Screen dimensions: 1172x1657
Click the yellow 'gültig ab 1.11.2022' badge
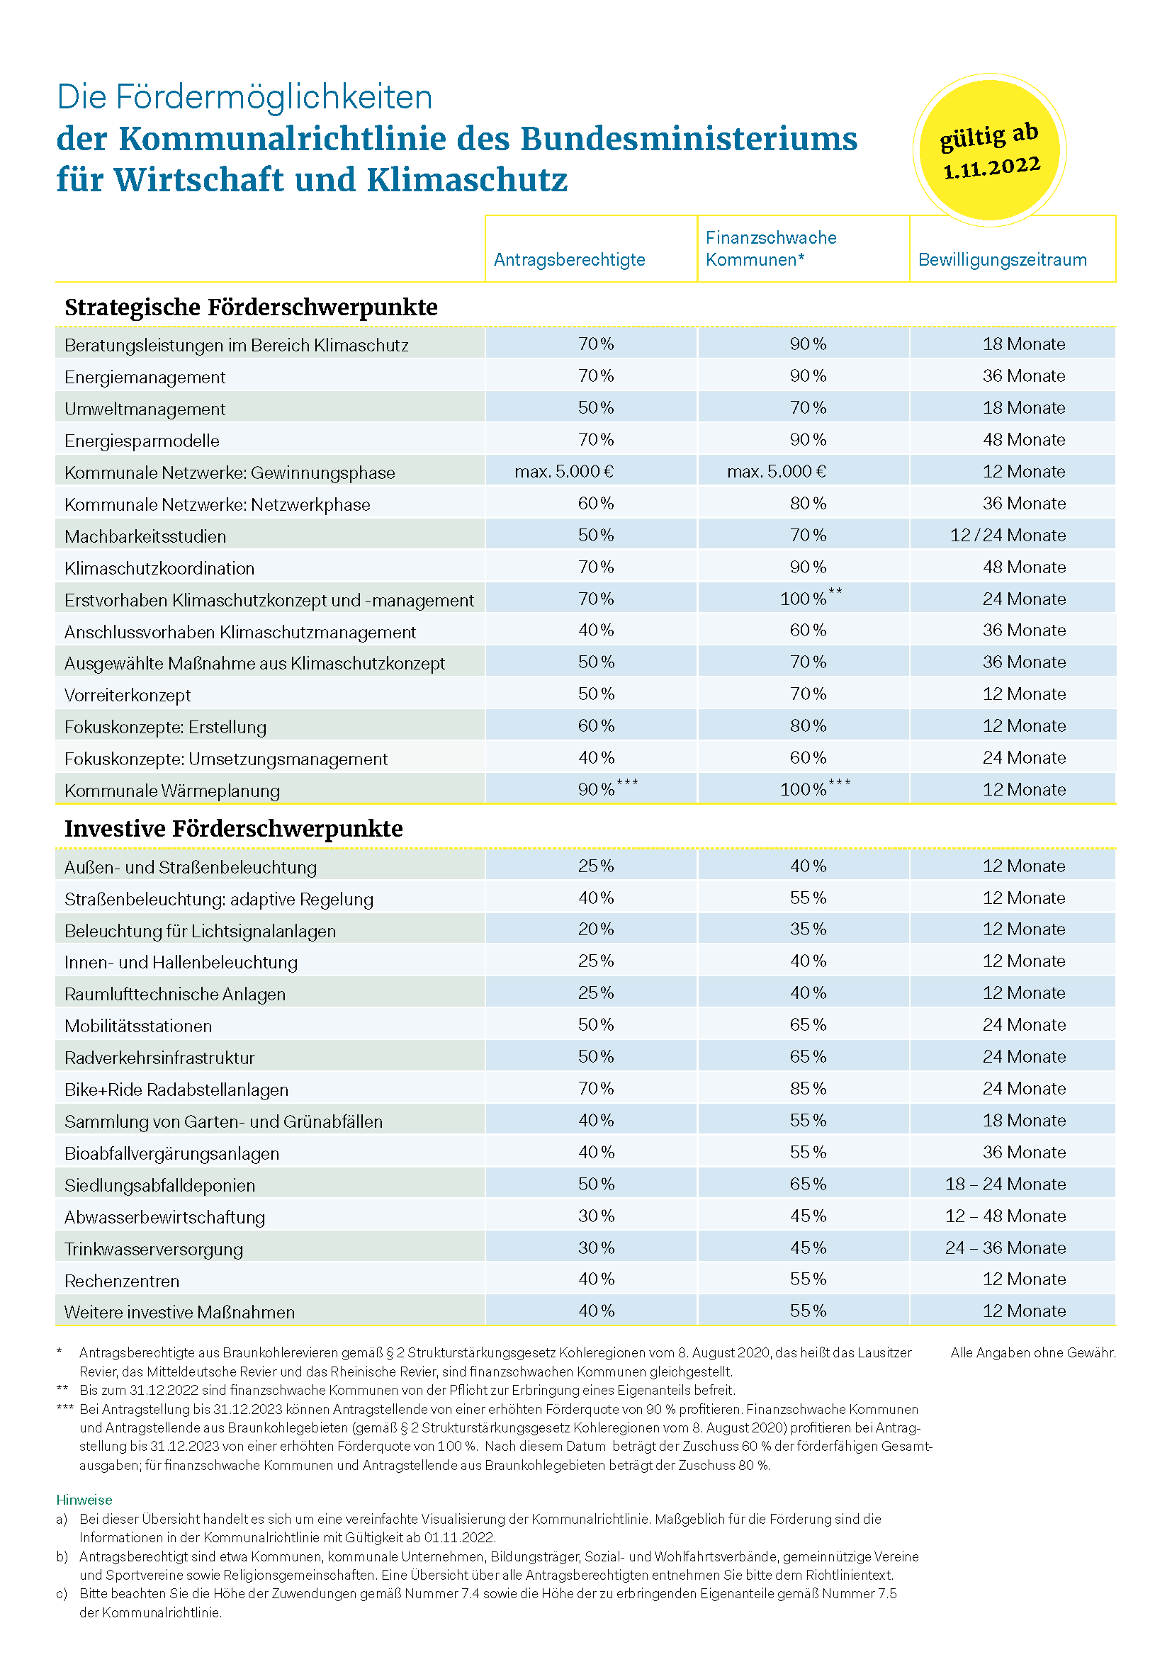[x=989, y=150]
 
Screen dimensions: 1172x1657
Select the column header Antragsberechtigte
[x=570, y=260]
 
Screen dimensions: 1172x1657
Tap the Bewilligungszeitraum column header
[x=1003, y=260]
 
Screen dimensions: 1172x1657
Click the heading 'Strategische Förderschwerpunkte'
[x=251, y=307]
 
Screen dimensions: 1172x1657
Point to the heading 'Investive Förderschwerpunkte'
[x=234, y=829]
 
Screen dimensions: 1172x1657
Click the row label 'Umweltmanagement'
[x=145, y=409]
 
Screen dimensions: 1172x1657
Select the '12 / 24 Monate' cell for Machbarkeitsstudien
[x=1008, y=536]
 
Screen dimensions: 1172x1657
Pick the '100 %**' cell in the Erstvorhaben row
[x=811, y=598]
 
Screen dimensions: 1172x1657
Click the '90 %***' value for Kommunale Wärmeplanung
[x=608, y=788]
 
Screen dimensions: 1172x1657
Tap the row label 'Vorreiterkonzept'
[x=128, y=696]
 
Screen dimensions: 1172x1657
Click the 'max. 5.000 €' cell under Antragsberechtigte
[x=564, y=472]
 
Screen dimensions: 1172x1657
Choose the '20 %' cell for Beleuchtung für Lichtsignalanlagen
[x=596, y=929]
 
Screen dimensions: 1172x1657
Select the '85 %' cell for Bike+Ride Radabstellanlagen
[x=808, y=1088]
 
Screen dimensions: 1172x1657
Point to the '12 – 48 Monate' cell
[x=1006, y=1216]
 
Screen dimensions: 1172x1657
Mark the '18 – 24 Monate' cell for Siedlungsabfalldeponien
[x=1006, y=1184]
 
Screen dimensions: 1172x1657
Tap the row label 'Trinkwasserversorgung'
[x=154, y=1249]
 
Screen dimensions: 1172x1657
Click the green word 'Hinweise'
[x=84, y=1500]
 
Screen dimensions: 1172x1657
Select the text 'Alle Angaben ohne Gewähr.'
[x=1033, y=1352]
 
